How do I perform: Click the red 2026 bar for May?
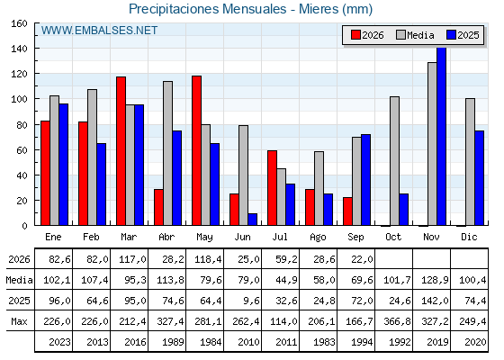pos(197,150)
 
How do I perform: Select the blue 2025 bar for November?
pos(442,136)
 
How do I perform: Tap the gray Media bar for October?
pos(395,161)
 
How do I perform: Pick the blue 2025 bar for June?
pos(253,220)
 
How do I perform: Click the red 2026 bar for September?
pos(347,211)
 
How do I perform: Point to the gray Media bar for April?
pos(167,153)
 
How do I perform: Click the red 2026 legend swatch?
pos(355,35)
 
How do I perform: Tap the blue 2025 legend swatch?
pos(451,35)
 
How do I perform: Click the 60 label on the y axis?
pos(22,150)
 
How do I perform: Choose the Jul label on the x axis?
pos(280,237)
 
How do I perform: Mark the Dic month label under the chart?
pos(469,237)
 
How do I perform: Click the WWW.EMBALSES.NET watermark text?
pos(99,31)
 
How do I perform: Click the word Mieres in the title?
pos(319,9)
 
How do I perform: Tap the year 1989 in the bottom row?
pos(173,342)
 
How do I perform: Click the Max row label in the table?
pos(19,321)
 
